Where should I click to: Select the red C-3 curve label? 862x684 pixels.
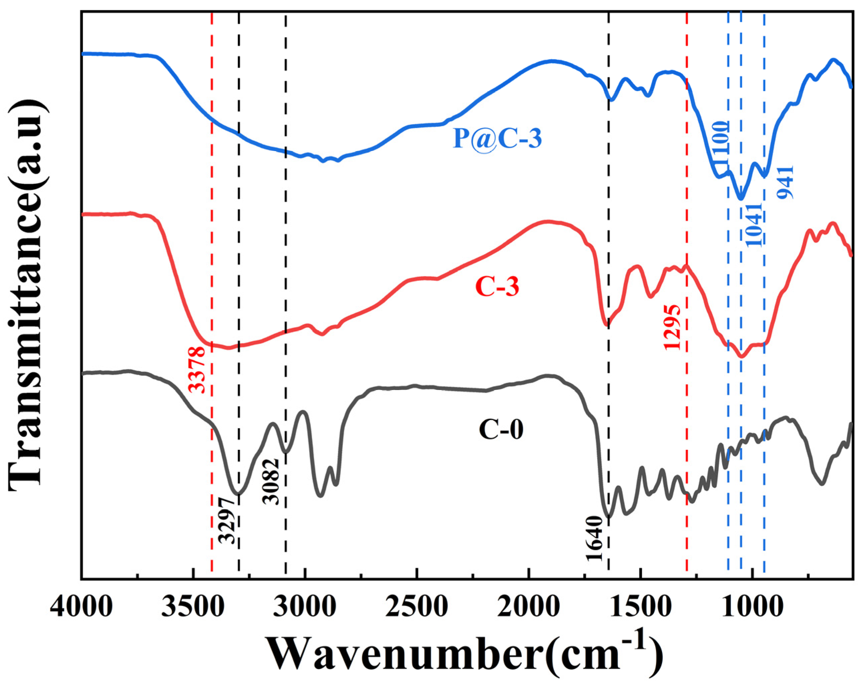pos(497,287)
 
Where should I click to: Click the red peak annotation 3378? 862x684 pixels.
pos(197,370)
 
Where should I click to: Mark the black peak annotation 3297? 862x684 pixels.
pos(228,520)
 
